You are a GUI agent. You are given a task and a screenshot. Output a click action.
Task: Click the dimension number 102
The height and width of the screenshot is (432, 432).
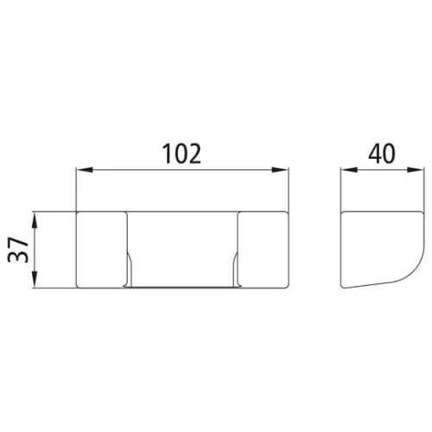pyautogui.click(x=181, y=154)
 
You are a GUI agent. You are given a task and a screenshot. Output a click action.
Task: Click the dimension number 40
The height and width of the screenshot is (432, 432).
pyautogui.click(x=382, y=154)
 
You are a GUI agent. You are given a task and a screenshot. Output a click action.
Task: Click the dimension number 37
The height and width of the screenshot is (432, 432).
pyautogui.click(x=18, y=250)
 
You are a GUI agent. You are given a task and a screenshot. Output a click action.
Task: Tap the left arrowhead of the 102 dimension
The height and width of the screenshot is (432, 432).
pyautogui.click(x=84, y=170)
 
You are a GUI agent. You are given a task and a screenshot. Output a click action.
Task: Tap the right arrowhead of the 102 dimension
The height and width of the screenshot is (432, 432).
pyautogui.click(x=280, y=170)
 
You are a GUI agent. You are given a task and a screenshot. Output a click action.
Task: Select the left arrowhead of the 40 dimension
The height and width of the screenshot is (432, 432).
pyautogui.click(x=349, y=170)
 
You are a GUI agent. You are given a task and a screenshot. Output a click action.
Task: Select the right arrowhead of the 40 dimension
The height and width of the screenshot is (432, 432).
pyautogui.click(x=416, y=170)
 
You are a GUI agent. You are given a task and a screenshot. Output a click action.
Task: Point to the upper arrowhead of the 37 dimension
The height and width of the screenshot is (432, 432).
pyautogui.click(x=35, y=220)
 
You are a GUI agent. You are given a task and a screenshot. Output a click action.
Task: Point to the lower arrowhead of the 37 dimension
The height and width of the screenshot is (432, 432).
pyautogui.click(x=35, y=279)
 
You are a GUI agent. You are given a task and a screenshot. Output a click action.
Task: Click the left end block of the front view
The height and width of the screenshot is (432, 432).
pyautogui.click(x=101, y=250)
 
